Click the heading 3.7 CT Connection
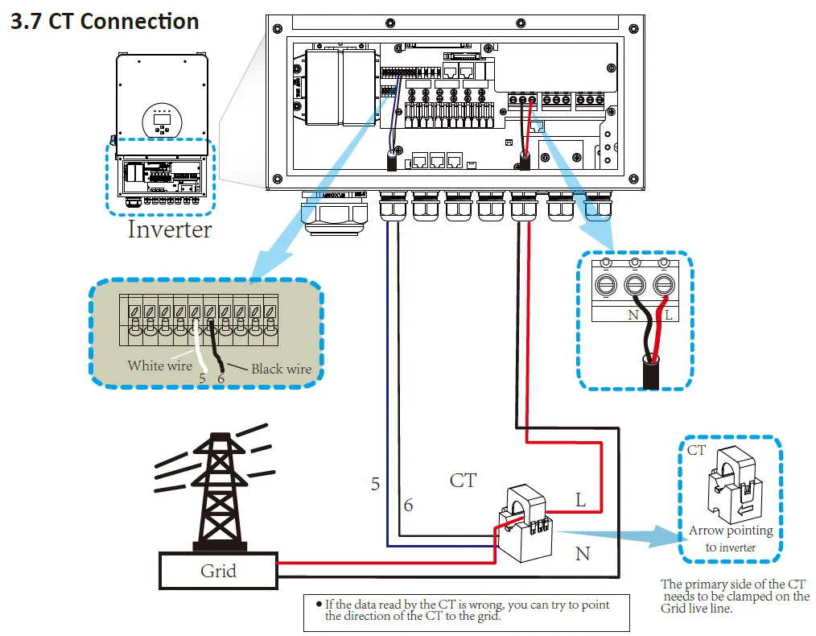[104, 21]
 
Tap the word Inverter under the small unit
[169, 229]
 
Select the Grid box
[218, 572]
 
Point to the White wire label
[159, 365]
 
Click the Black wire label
[281, 369]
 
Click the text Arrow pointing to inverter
[731, 539]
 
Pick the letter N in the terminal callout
[633, 315]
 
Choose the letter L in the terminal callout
[668, 315]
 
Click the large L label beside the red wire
[580, 500]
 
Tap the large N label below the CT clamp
[583, 554]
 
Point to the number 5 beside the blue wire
[375, 484]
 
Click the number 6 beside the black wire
[409, 506]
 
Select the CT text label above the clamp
[463, 481]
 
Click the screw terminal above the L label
[664, 285]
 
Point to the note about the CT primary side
[735, 596]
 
